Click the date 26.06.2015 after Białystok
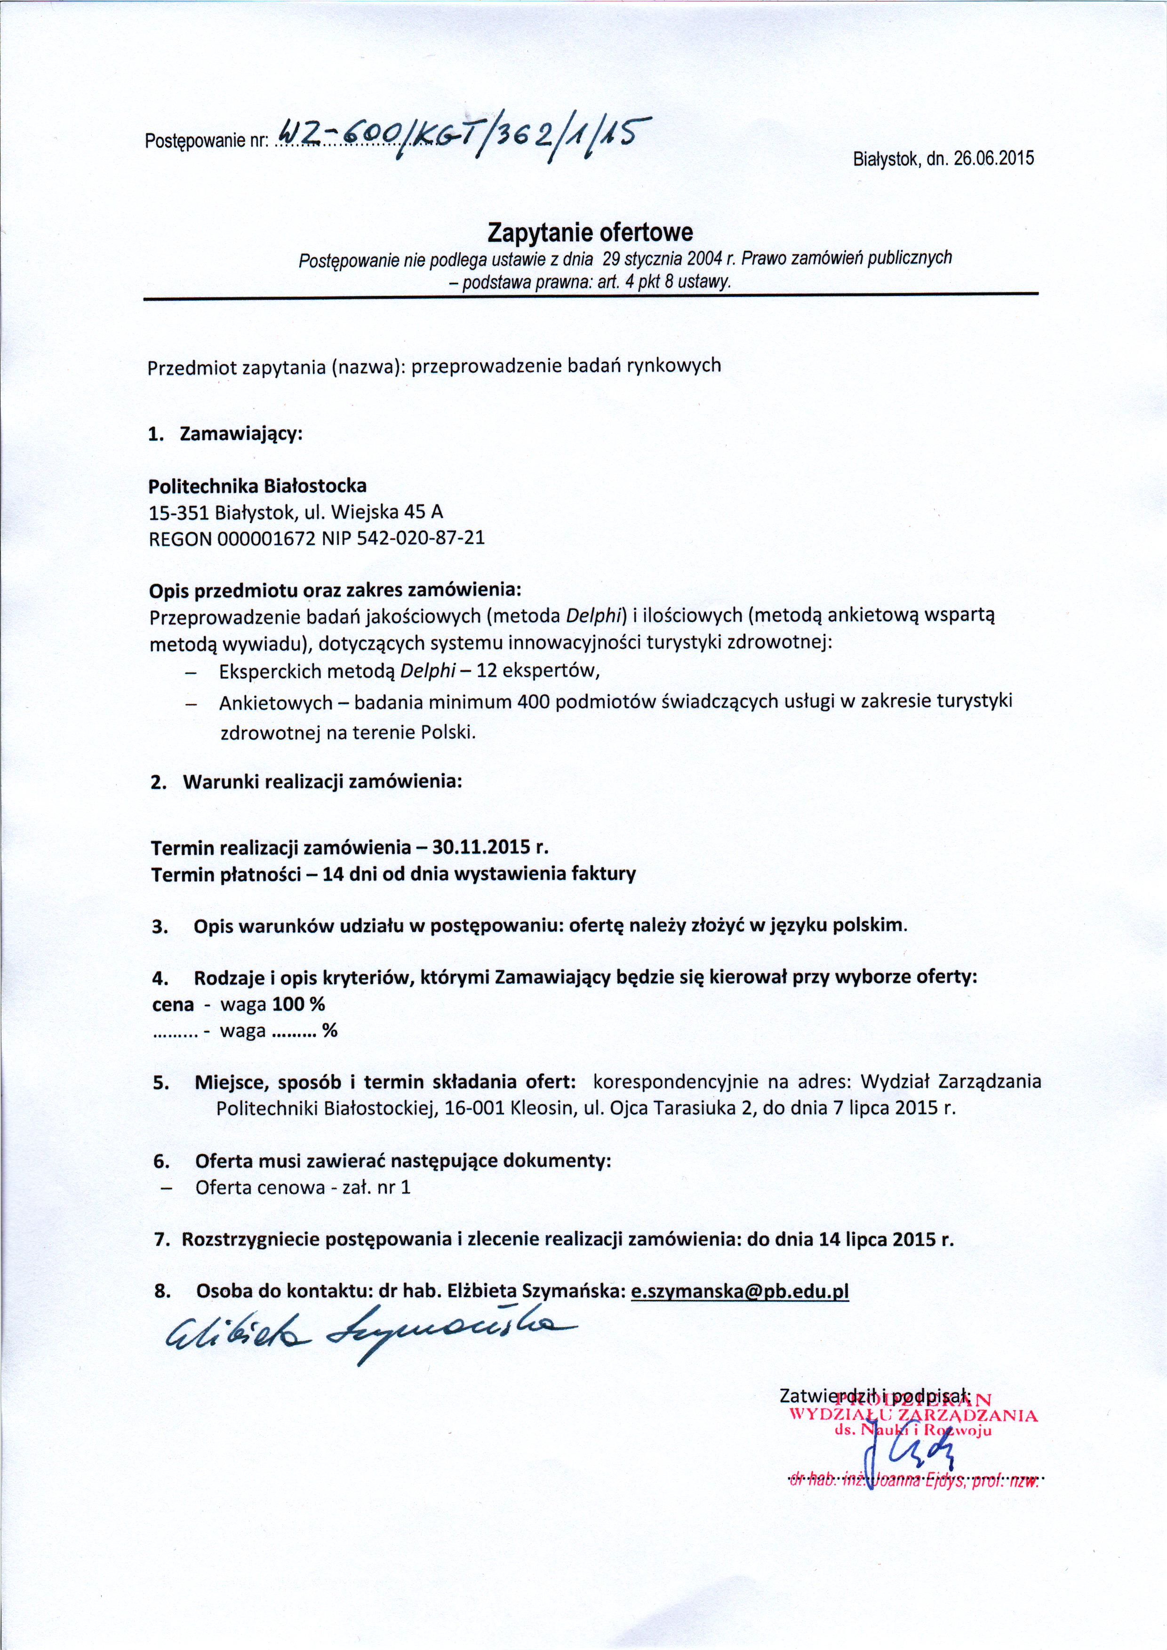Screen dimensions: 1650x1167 994,158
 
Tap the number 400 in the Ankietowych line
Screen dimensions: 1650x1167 533,702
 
